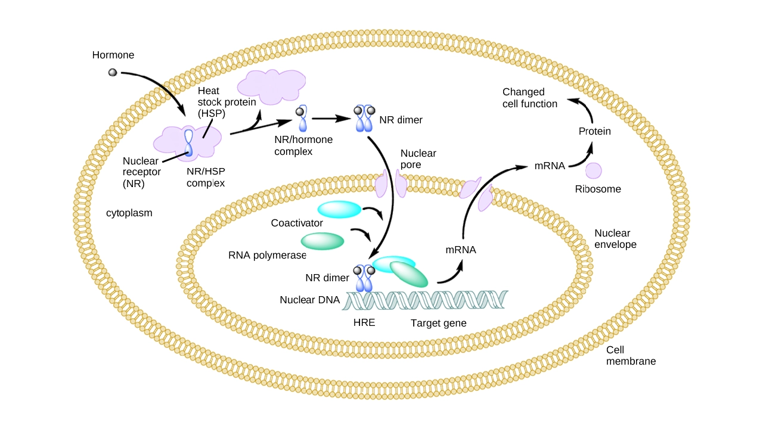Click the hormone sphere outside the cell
point(112,73)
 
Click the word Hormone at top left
point(113,55)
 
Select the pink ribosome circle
point(593,170)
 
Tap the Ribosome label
point(598,189)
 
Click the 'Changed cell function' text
point(530,98)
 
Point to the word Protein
point(595,131)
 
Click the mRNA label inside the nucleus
point(461,250)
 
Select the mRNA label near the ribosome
point(550,166)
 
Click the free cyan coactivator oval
point(339,209)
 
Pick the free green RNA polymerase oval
point(322,241)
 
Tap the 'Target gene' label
point(438,324)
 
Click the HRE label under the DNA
point(364,324)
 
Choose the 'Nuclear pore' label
point(418,158)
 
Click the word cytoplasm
point(129,213)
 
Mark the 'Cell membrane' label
point(631,356)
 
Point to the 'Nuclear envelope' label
point(615,239)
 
